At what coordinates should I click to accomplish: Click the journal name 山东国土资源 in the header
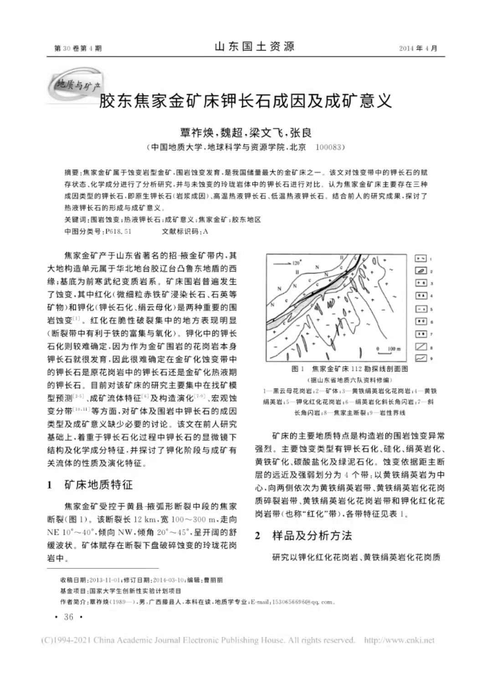(x=254, y=47)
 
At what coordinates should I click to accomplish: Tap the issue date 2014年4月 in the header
(x=418, y=48)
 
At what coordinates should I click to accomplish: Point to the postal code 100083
(x=330, y=147)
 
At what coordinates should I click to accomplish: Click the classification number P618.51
(x=118, y=231)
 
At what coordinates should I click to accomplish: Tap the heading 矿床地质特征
(x=98, y=485)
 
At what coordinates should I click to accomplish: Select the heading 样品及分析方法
(x=312, y=536)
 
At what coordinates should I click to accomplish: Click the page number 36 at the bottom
(x=68, y=617)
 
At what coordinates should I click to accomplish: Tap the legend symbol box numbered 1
(x=420, y=258)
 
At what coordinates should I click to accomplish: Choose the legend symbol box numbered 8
(x=420, y=347)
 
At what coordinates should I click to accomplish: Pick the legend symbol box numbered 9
(x=420, y=359)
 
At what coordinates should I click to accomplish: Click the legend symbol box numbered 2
(x=420, y=271)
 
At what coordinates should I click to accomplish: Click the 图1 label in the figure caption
(x=298, y=369)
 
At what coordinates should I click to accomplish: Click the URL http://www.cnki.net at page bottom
(x=399, y=640)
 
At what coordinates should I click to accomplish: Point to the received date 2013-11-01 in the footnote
(x=104, y=580)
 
